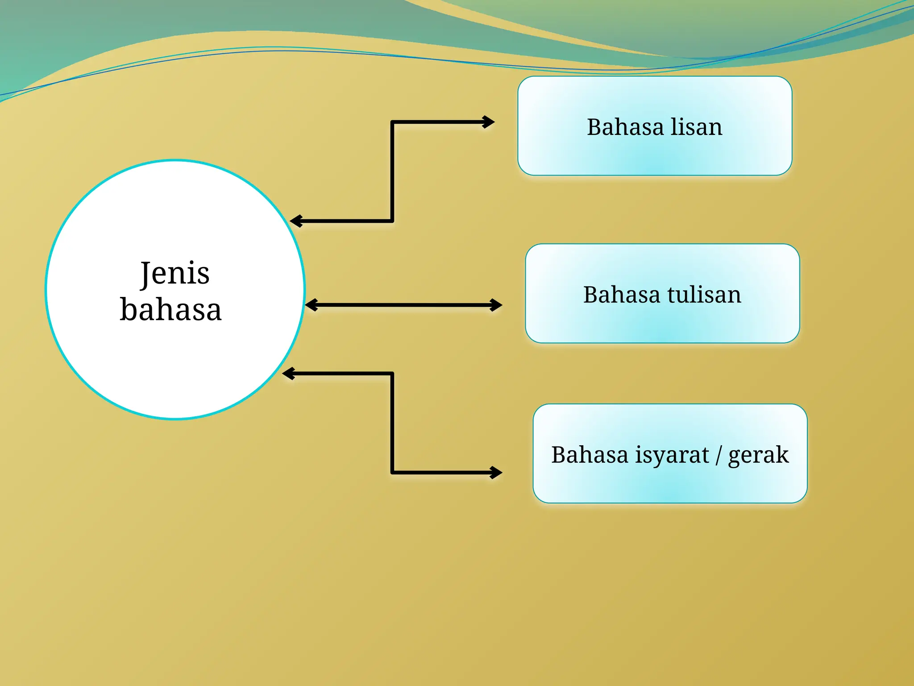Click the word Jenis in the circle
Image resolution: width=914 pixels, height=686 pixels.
pos(175,273)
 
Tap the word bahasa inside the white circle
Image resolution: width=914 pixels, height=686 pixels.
pos(170,309)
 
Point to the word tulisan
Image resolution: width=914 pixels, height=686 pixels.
pos(704,295)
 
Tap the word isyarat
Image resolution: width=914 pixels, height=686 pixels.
pos(672,455)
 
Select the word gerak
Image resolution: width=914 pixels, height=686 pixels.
pos(758,456)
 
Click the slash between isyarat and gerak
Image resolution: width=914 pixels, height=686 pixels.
pos(719,455)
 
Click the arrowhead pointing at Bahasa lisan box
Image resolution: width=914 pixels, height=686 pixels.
pos(489,121)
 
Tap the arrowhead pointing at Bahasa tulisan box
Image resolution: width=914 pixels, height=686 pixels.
pos(496,305)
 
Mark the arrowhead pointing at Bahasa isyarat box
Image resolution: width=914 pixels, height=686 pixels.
pos(496,472)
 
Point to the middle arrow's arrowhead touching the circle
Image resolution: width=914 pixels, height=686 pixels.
pos(312,305)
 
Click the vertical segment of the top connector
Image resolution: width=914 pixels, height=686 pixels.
pos(392,171)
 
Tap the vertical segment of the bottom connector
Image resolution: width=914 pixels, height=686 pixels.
pos(392,422)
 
